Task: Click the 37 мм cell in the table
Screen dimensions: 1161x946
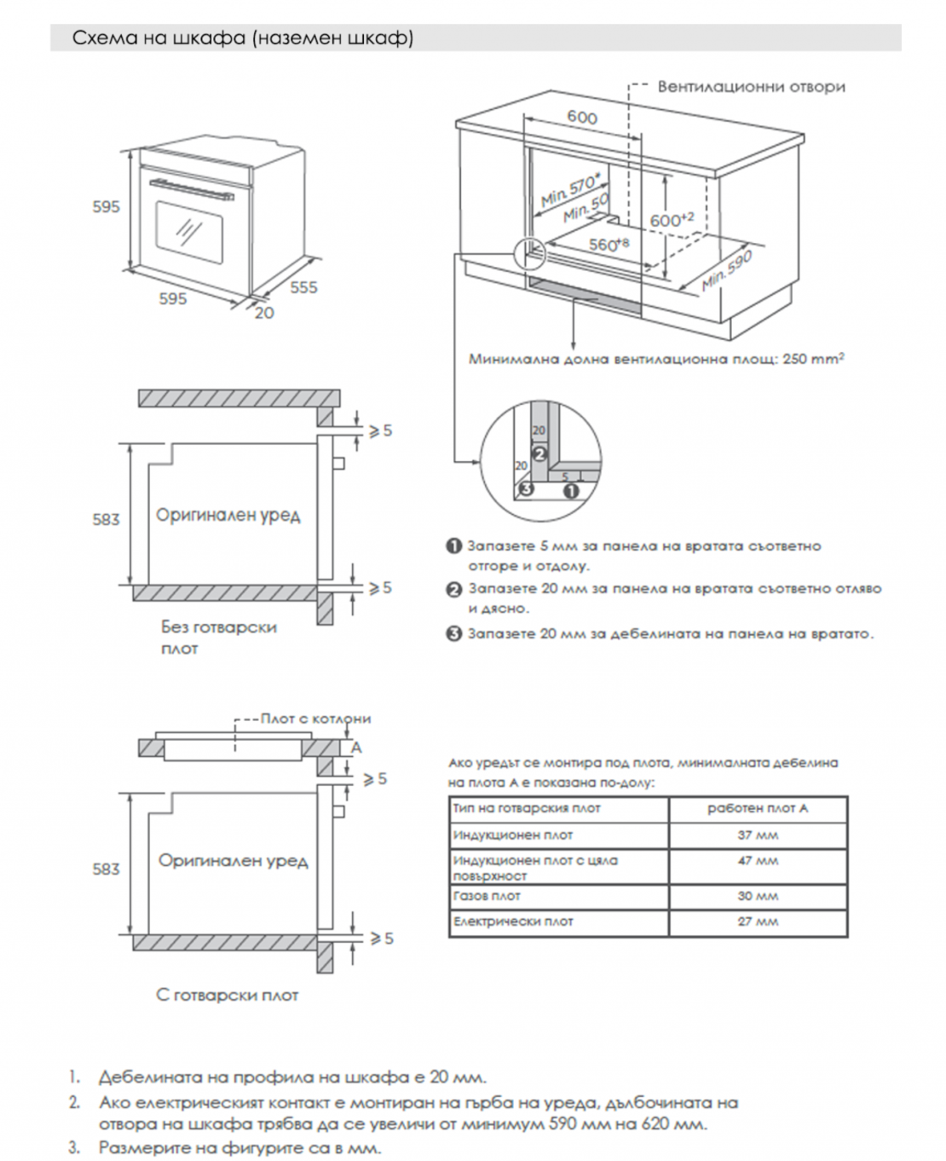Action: click(758, 835)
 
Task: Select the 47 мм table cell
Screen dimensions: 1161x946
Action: click(758, 861)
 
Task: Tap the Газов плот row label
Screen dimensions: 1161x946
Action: click(487, 896)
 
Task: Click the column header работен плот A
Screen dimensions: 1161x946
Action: click(758, 808)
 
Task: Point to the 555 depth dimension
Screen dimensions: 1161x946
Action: click(303, 287)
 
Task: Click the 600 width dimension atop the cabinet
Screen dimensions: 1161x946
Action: click(582, 118)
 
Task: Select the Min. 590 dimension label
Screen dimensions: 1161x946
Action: click(726, 270)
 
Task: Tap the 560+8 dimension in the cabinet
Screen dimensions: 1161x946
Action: click(609, 245)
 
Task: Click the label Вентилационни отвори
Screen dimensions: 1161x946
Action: click(751, 86)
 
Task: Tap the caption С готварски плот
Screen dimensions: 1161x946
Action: click(228, 995)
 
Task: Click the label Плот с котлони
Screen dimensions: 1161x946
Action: click(315, 719)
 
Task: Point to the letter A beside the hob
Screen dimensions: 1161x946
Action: click(356, 747)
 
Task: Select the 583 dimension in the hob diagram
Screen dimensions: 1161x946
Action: click(106, 869)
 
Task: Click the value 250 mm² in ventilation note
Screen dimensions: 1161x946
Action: click(813, 359)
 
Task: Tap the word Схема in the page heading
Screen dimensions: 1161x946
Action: click(99, 38)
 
